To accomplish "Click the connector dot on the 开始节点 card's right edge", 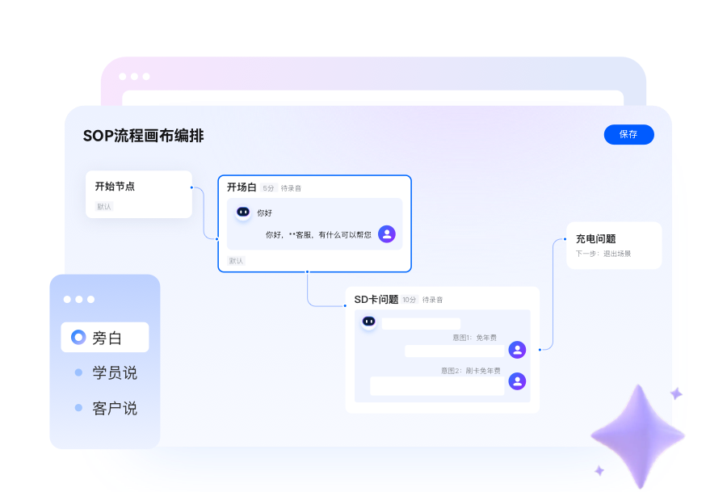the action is [x=191, y=187].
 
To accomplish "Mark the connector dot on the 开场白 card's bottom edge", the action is [x=307, y=271].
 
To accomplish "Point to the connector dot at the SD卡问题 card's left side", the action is [x=345, y=305].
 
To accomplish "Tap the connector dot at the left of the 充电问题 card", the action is [x=565, y=239].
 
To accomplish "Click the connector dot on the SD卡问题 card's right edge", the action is [x=540, y=349].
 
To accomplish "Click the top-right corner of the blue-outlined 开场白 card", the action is [x=411, y=175].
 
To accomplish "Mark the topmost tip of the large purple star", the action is [x=639, y=385].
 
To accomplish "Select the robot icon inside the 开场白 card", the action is [x=243, y=212].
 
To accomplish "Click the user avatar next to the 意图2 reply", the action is [x=517, y=381].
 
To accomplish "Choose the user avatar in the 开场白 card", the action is [x=387, y=233].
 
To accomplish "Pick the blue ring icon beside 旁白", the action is [x=78, y=337].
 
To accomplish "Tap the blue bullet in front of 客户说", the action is [x=78, y=408].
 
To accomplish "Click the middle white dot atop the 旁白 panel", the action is [x=79, y=300].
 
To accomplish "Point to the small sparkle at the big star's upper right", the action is [x=676, y=393].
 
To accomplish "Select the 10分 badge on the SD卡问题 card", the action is [x=410, y=300].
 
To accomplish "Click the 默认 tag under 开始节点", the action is [x=104, y=206].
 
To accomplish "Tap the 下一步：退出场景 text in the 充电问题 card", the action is [x=603, y=254].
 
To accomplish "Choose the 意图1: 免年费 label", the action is [x=474, y=338].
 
